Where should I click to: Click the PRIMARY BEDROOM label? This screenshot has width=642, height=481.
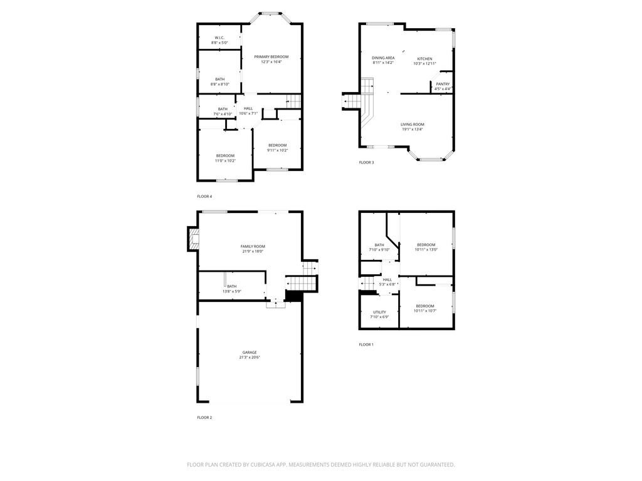(x=271, y=57)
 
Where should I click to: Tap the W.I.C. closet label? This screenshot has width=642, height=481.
(x=219, y=38)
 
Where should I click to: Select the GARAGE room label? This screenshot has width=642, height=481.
(x=250, y=352)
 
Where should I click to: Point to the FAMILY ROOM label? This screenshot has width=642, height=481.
(x=253, y=246)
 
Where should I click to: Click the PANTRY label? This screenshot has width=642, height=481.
(x=443, y=84)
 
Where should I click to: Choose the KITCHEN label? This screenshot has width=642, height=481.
(x=424, y=59)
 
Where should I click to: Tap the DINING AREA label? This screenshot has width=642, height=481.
(x=383, y=58)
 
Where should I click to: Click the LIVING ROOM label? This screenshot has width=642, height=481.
(x=413, y=125)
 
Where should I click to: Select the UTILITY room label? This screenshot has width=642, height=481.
(x=379, y=312)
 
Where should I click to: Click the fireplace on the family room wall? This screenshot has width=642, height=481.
(x=193, y=239)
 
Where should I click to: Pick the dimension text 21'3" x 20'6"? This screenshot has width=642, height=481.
(x=250, y=358)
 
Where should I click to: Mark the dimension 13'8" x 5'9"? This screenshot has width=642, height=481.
(x=232, y=291)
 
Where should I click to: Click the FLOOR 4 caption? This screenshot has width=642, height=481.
(x=204, y=197)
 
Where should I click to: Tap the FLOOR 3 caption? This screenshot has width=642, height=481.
(x=366, y=163)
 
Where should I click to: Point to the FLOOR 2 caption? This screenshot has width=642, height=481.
(x=204, y=417)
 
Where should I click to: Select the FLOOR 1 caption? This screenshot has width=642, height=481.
(x=366, y=344)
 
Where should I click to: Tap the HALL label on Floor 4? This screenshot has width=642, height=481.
(x=248, y=108)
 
